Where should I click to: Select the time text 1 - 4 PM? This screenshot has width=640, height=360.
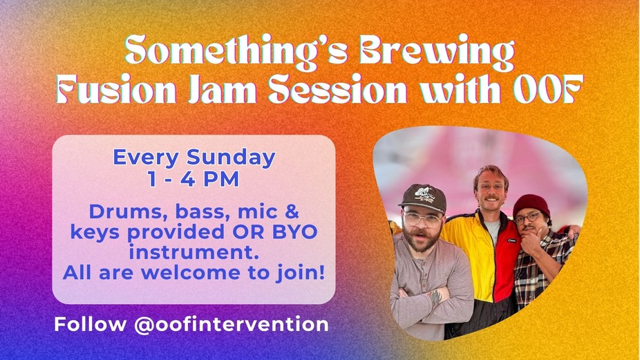[194, 179]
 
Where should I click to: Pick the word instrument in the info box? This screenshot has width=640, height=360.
[194, 252]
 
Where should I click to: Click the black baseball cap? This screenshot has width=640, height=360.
[422, 197]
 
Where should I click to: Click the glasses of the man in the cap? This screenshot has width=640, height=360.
[421, 220]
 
